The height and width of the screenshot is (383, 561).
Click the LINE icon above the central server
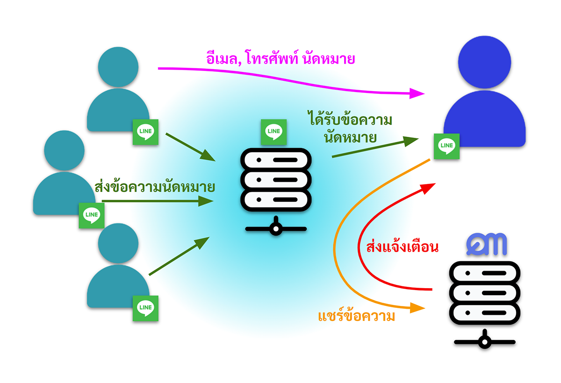coord(273,131)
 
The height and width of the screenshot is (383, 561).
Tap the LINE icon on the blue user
coord(446,146)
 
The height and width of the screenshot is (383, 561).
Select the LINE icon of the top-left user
coord(145,132)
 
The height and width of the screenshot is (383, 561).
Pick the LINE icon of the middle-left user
coord(91,215)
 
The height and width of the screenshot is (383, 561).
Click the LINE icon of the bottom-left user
coord(145,308)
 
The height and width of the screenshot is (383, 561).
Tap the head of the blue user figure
coord(485,63)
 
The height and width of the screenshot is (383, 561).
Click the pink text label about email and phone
coord(280,59)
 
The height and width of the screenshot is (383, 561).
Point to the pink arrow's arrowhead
coord(417,92)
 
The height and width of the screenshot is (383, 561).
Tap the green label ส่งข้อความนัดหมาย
coord(154,187)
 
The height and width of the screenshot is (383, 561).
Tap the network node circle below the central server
coord(276,229)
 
